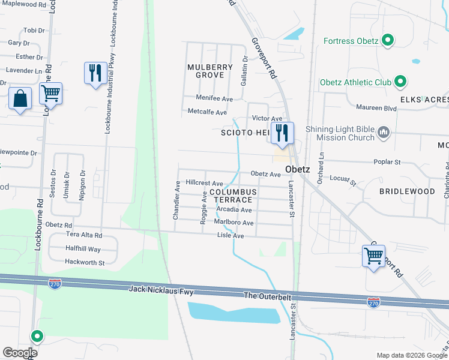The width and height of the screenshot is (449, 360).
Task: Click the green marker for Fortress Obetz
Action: (x=388, y=41)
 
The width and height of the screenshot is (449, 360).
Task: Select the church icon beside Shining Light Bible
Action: (x=384, y=131)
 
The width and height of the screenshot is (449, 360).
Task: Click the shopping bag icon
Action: (x=20, y=98)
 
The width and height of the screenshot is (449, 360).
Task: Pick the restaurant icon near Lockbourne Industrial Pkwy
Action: (x=95, y=73)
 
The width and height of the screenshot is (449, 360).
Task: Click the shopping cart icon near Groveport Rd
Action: (x=374, y=256)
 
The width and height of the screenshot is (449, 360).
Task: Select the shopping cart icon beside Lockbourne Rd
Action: (x=51, y=94)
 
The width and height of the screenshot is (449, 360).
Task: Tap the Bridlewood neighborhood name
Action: (x=407, y=191)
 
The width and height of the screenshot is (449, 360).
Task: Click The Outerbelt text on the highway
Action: (x=267, y=296)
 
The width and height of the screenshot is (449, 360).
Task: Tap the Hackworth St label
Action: (x=85, y=262)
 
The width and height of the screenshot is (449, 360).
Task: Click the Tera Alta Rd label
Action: (x=83, y=235)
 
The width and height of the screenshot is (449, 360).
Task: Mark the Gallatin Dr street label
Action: (x=244, y=71)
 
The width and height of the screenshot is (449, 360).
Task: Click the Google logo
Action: (x=20, y=353)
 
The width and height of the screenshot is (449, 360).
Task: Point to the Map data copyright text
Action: (x=412, y=355)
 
